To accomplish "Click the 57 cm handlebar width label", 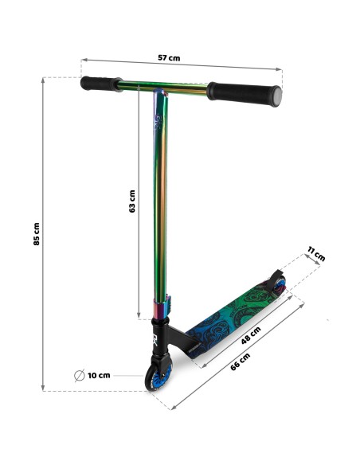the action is pos(169,58).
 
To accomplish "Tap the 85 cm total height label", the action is pos(36,234).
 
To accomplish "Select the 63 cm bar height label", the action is pos(132,201).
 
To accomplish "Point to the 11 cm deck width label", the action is pos(316,253).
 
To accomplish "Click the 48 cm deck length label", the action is pos(251,335).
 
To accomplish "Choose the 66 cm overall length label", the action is pos(241,361).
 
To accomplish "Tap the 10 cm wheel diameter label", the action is pos(99,376).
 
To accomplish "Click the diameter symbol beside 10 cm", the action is pos(80,376).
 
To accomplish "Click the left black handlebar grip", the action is pos(101,84).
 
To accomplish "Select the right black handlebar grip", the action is pos(244,94).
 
